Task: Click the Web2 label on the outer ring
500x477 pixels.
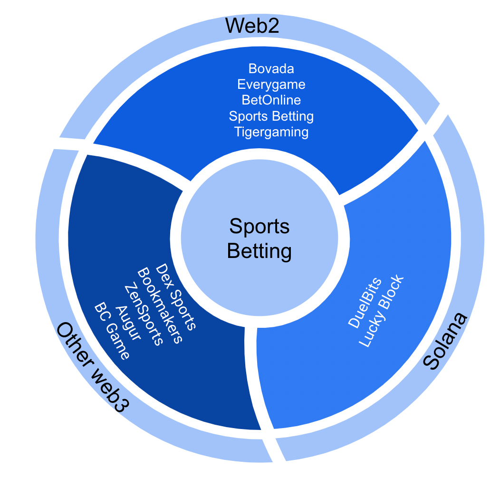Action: coord(252,25)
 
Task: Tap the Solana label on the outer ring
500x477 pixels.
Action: coord(446,341)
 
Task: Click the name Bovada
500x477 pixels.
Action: coord(271,69)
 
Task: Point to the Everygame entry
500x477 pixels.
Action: coord(271,85)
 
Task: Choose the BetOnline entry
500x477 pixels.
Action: coord(271,100)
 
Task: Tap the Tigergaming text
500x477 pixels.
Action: coord(271,132)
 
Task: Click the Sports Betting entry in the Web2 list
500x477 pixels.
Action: coord(271,116)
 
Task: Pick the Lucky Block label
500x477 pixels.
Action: coord(381,311)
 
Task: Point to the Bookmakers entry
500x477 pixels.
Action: coord(160,306)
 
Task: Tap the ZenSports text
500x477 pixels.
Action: coord(144,315)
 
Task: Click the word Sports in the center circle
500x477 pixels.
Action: coord(259,226)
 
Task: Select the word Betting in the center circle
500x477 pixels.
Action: coord(259,250)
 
